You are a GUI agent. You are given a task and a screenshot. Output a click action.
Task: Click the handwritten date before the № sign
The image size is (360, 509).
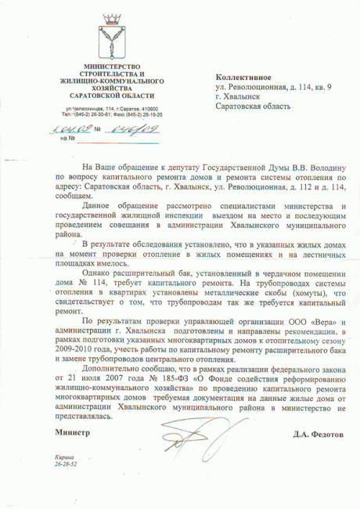point(70,128)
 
